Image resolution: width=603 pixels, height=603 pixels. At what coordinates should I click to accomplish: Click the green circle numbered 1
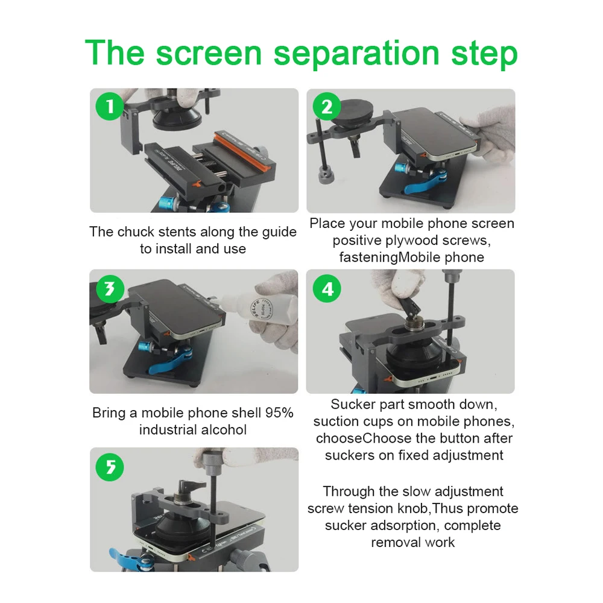coord(110,106)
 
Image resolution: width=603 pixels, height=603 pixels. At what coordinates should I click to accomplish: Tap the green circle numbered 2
coord(327,107)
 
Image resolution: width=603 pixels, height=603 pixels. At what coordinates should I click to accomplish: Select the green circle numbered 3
coord(110,288)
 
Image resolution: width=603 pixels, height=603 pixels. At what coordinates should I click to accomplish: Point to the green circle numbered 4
coord(327,288)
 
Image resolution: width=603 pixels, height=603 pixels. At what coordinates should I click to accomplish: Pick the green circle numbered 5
coord(110,467)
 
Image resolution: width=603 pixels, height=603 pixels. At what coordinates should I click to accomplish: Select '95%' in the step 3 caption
coord(279,412)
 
